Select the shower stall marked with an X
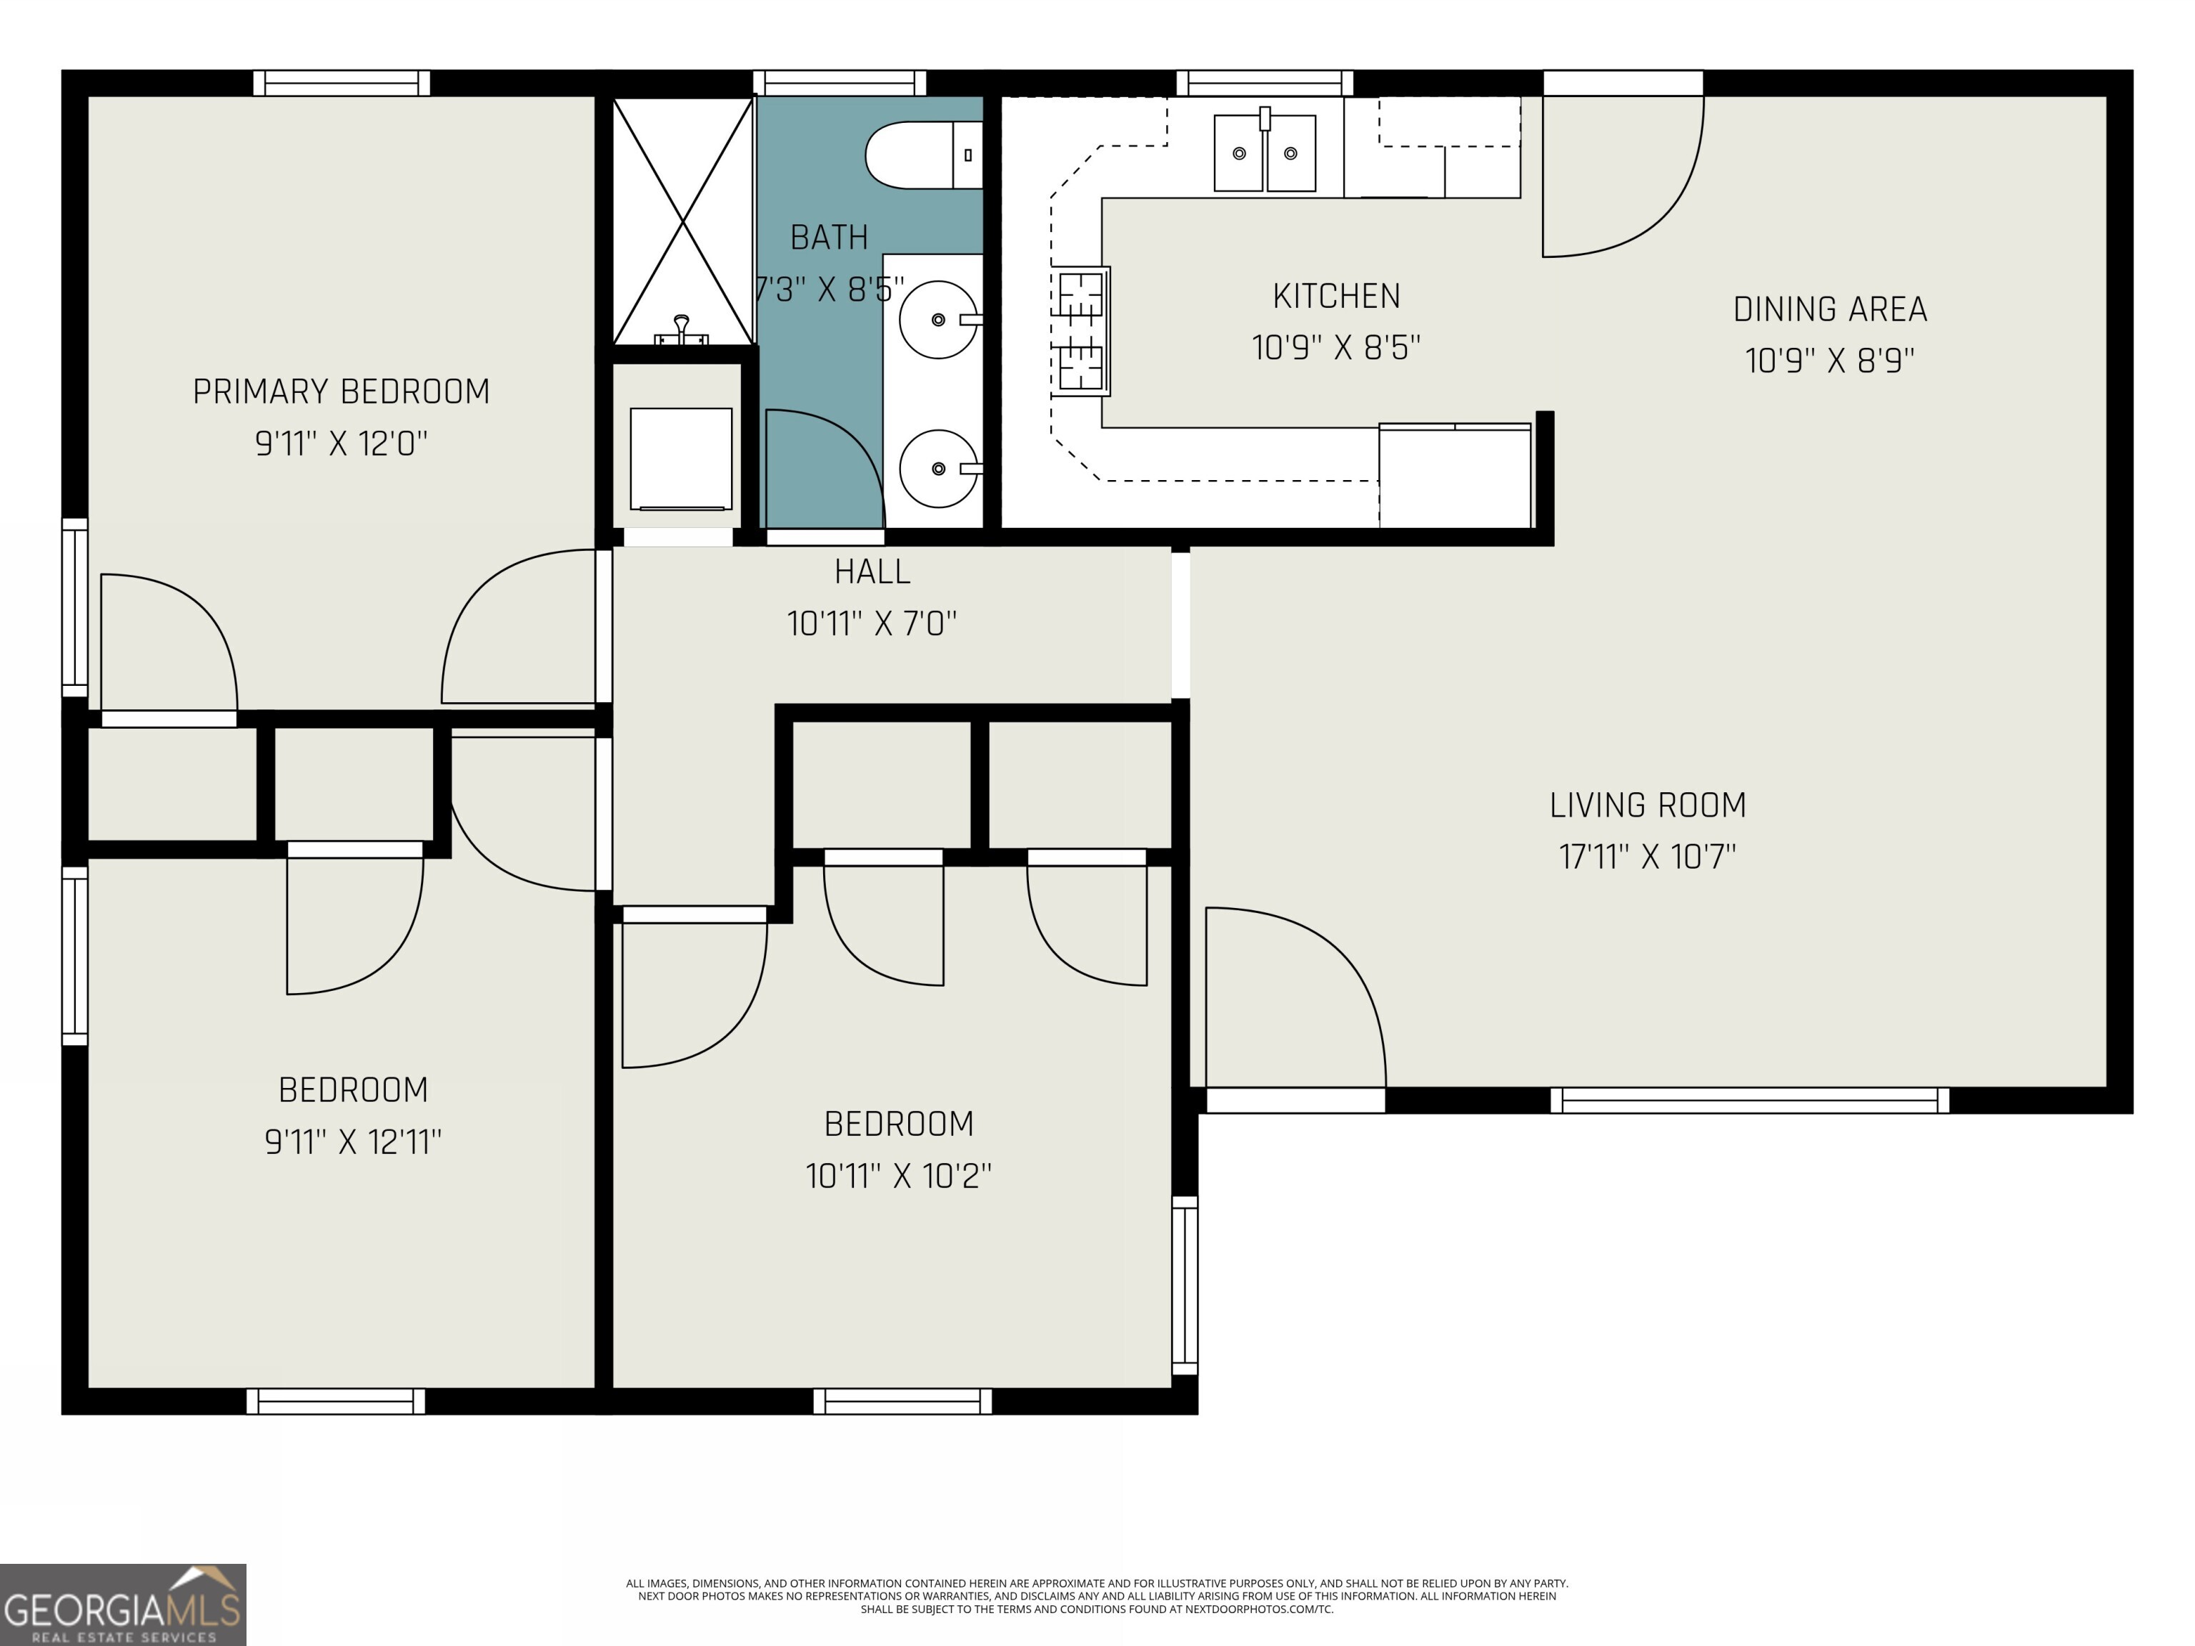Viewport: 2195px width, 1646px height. (x=682, y=220)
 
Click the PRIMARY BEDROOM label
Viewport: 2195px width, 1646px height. (x=342, y=392)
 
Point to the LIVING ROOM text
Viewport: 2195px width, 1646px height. (x=1647, y=804)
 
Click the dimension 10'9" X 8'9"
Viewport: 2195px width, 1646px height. (x=1830, y=360)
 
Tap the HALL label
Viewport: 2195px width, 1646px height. (x=872, y=572)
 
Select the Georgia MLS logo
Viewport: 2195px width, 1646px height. (x=123, y=1605)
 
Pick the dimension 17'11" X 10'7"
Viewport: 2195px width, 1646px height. (x=1647, y=857)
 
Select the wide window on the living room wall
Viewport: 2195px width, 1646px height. (x=1748, y=1100)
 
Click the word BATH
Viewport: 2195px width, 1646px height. (x=829, y=237)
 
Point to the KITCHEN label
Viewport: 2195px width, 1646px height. (x=1337, y=296)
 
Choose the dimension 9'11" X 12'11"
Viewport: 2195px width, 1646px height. (x=352, y=1142)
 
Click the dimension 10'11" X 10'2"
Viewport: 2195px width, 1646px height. (x=898, y=1176)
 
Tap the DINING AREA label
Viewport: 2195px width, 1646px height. (x=1830, y=309)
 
